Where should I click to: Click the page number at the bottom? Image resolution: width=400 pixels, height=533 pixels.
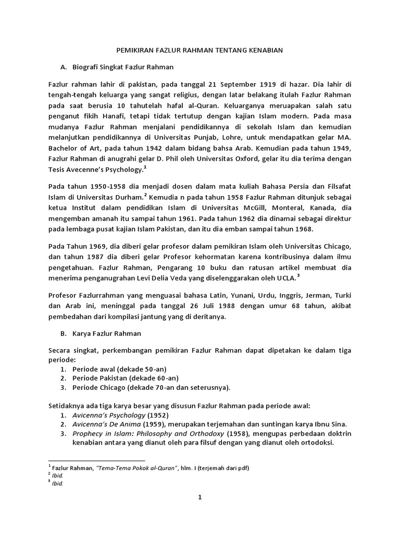[199, 498]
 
